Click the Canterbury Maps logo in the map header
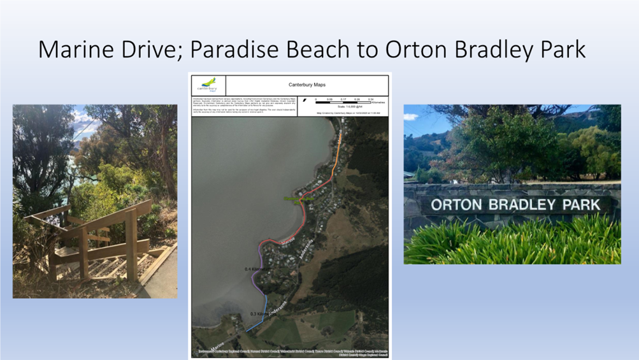click(208, 85)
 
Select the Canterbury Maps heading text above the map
click(307, 84)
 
